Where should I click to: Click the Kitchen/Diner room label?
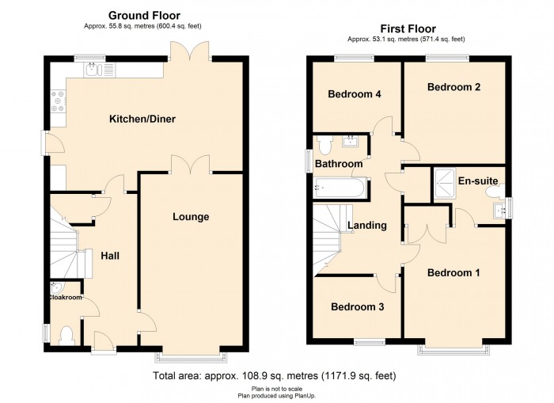(x=142, y=119)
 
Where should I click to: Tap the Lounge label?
(x=191, y=217)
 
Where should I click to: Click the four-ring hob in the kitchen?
(x=58, y=101)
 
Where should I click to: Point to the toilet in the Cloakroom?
(x=66, y=336)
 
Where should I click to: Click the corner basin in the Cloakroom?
(x=55, y=287)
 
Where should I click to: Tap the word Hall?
(x=110, y=256)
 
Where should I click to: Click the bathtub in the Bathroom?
(x=340, y=188)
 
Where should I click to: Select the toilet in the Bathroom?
(x=324, y=146)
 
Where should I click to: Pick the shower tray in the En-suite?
(x=444, y=184)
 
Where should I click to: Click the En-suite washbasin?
(x=500, y=211)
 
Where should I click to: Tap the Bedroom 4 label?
(x=355, y=94)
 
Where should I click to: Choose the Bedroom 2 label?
(x=453, y=87)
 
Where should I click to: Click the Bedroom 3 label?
(x=357, y=307)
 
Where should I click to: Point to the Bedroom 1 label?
(x=453, y=273)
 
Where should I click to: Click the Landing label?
(x=367, y=226)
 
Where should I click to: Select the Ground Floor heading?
(x=144, y=16)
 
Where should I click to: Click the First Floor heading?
(x=408, y=29)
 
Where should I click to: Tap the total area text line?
(x=274, y=376)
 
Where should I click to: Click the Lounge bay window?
(x=191, y=357)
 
